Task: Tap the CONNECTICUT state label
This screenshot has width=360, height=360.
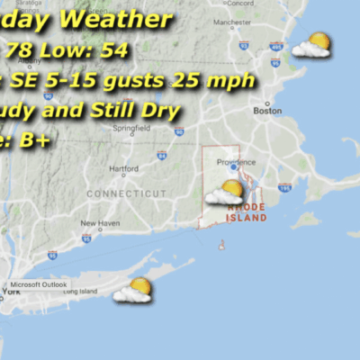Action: point(127,193)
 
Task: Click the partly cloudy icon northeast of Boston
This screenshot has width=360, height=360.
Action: point(311,44)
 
